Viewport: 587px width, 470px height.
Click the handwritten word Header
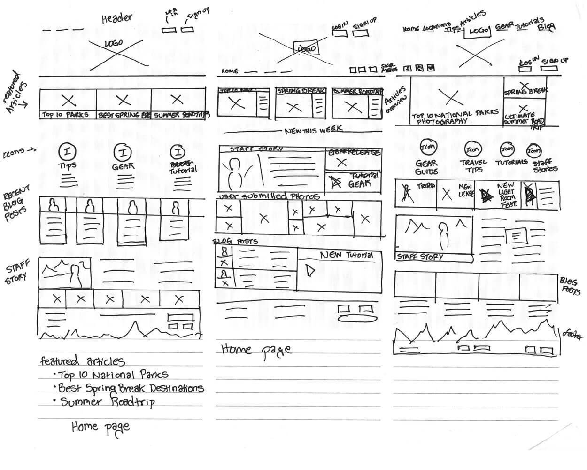pos(117,18)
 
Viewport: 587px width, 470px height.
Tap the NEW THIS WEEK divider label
pos(313,131)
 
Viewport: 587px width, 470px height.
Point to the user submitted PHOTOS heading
pos(270,196)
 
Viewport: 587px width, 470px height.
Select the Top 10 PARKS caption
pos(65,115)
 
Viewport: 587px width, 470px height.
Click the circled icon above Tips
pos(67,152)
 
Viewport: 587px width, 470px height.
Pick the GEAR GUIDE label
pos(426,167)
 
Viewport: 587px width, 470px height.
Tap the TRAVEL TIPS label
pos(473,166)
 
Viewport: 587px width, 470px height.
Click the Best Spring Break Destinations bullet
pos(131,388)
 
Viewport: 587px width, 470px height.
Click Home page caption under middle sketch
pos(256,350)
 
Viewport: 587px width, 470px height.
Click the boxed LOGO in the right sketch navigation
pos(478,31)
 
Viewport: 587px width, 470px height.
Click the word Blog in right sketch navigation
pos(546,27)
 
